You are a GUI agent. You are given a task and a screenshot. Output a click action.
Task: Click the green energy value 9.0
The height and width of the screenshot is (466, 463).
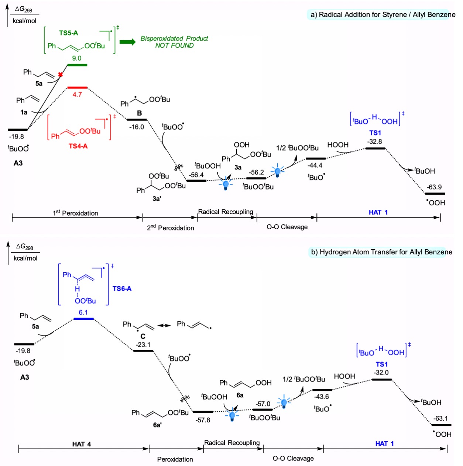click(77, 58)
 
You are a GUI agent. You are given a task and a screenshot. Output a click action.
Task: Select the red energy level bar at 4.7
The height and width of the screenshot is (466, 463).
click(77, 88)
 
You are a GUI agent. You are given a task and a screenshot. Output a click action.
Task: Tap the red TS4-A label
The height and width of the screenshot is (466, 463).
click(78, 146)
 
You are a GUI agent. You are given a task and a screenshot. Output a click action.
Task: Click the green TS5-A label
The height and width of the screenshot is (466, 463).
click(69, 33)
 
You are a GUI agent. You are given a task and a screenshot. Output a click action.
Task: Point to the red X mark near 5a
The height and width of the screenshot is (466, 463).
click(61, 75)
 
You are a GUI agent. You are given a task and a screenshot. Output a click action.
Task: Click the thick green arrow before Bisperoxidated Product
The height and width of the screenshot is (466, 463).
click(128, 42)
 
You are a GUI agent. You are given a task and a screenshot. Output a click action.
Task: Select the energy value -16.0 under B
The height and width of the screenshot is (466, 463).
click(137, 127)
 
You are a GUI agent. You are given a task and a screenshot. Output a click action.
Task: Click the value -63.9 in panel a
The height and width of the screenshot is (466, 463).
click(434, 187)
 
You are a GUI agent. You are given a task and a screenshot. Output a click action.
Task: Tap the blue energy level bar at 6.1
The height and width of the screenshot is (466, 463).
click(83, 318)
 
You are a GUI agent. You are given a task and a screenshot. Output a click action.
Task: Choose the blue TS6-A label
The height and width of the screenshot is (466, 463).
click(122, 288)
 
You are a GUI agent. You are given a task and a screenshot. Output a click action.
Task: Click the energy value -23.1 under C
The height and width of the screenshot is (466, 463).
click(143, 345)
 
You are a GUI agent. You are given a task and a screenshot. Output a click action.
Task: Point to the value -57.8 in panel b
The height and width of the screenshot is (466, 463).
click(203, 420)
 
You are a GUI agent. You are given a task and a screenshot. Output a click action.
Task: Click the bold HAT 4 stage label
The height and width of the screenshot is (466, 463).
click(82, 444)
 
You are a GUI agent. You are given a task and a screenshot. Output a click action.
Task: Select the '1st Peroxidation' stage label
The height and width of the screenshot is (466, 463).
click(75, 213)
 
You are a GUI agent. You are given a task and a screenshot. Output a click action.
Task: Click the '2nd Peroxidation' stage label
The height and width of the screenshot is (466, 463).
click(171, 227)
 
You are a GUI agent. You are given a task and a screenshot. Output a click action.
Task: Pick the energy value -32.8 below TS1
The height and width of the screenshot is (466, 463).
click(375, 141)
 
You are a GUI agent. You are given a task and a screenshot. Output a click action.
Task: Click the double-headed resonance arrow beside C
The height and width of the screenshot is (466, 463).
click(164, 325)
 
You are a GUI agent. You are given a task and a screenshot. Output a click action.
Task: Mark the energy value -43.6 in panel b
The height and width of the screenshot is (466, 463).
click(322, 397)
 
